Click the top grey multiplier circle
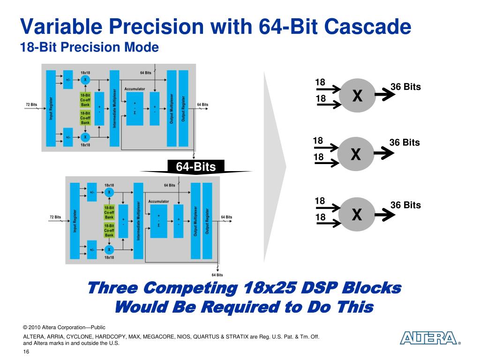pyautogui.click(x=357, y=96)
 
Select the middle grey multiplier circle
pyautogui.click(x=356, y=154)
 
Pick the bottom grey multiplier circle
pyautogui.click(x=357, y=215)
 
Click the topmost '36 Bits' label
pyautogui.click(x=405, y=87)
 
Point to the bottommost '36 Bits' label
pyautogui.click(x=405, y=205)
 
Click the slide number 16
pyautogui.click(x=26, y=352)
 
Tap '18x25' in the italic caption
pyautogui.click(x=270, y=288)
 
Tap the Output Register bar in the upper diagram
pyautogui.click(x=183, y=108)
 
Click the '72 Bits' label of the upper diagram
pyautogui.click(x=31, y=104)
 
